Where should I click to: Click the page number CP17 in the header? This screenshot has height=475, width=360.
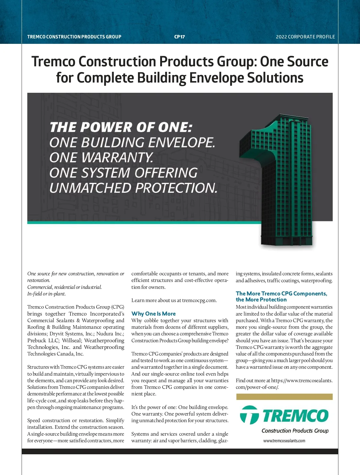179,37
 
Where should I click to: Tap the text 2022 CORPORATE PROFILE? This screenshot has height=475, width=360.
305,37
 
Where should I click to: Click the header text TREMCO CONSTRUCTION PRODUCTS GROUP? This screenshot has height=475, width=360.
74,37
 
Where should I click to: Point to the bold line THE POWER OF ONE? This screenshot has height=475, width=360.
121,127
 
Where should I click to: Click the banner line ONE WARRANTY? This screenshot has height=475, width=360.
101,158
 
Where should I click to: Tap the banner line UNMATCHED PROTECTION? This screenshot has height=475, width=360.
133,188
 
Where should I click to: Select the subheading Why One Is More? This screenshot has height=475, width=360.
153,313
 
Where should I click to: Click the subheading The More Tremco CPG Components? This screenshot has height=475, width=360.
281,293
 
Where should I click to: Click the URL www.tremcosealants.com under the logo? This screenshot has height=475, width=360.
284,441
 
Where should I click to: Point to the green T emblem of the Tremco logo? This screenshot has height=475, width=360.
249,415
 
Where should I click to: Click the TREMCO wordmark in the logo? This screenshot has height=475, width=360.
295,416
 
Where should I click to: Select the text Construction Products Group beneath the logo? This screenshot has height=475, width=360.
295,431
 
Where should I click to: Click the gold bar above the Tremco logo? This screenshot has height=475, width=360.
284,397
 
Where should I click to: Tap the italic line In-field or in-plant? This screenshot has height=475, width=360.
46,294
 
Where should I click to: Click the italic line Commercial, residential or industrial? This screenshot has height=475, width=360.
64,287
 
